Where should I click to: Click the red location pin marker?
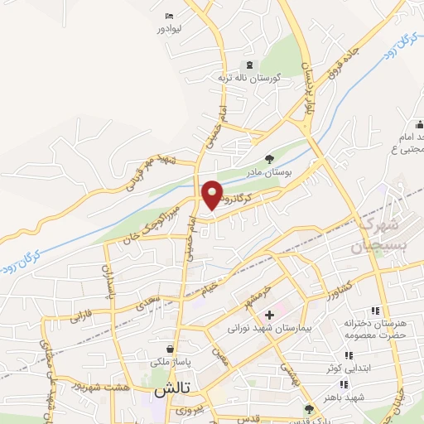click(213, 194)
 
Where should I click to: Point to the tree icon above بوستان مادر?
click(268, 159)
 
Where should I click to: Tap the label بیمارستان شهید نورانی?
click(268, 329)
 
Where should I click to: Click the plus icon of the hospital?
click(269, 315)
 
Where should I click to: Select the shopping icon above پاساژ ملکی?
click(170, 349)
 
